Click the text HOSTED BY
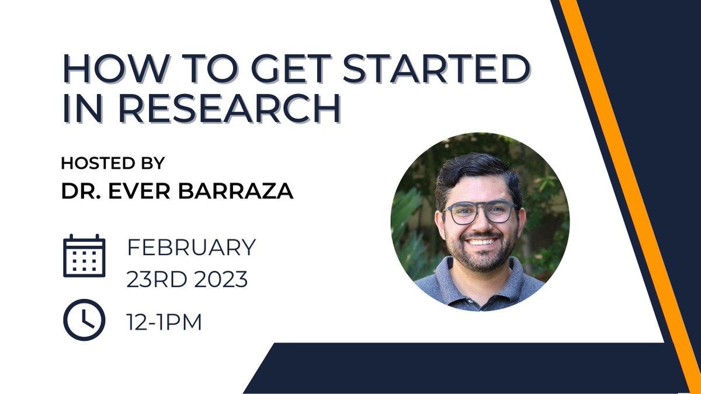[113, 163]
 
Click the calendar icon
[84, 256]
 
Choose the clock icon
[84, 319]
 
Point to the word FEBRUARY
[192, 247]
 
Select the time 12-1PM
[164, 322]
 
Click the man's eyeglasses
[480, 212]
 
